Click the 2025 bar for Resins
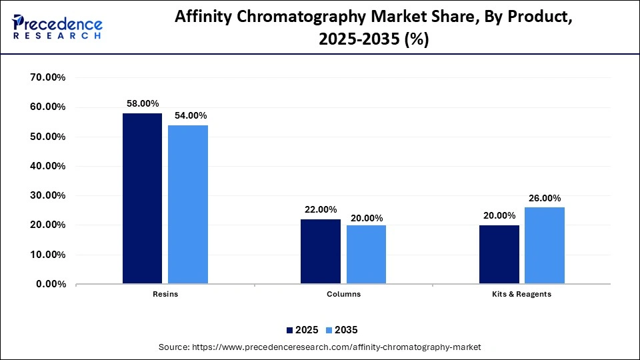point(142,199)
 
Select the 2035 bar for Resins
point(188,205)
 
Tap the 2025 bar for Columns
point(321,251)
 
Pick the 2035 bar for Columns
point(366,255)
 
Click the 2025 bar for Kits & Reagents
point(499,255)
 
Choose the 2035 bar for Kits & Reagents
point(545,245)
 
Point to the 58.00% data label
point(143,103)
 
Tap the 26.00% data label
point(545,198)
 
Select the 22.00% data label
point(321,209)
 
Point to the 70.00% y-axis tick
point(48,77)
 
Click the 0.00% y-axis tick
point(51,284)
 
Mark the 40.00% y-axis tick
point(48,166)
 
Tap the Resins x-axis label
point(165,294)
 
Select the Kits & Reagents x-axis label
point(522,294)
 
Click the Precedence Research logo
point(57,27)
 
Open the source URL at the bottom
point(336,347)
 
